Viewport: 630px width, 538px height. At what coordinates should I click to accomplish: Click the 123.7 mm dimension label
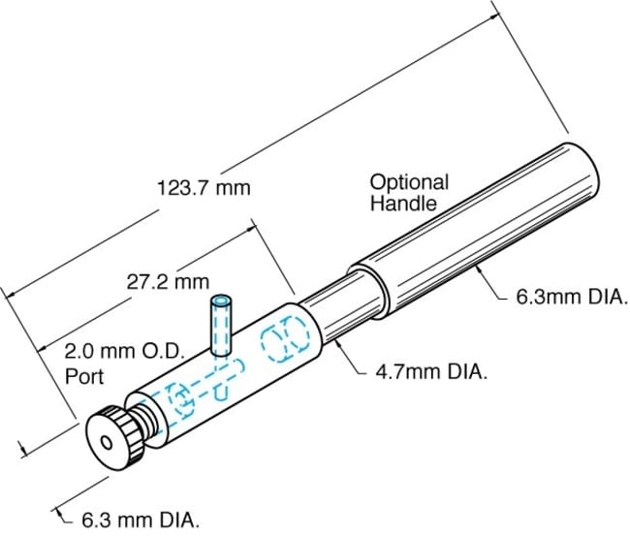(x=204, y=188)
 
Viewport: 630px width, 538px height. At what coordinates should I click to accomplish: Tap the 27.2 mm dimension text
(x=168, y=282)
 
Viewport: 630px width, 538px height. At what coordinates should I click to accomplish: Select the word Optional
(x=409, y=183)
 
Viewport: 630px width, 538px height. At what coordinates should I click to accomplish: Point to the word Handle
(x=403, y=204)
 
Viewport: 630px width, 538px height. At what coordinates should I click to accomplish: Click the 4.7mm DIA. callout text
(x=431, y=372)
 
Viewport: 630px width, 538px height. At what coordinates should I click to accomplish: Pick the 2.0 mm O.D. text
(x=125, y=352)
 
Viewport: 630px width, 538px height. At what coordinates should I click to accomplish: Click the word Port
(x=84, y=376)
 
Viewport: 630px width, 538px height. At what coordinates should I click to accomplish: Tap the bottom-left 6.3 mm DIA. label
(x=141, y=521)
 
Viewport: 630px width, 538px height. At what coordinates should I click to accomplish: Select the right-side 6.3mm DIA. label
(x=572, y=298)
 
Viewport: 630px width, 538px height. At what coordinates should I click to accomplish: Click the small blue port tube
(x=221, y=326)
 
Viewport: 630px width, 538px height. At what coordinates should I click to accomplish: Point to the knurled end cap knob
(x=115, y=438)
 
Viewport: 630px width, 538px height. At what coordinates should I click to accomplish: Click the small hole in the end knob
(x=107, y=443)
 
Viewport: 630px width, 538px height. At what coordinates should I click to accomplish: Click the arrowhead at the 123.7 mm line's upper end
(x=495, y=16)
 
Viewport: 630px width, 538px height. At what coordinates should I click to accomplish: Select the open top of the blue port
(x=221, y=301)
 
